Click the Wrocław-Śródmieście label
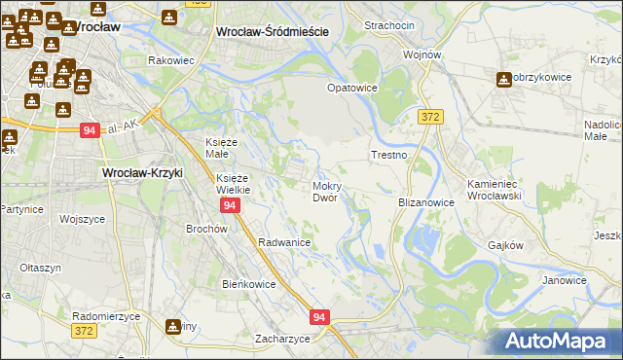tap(271, 32)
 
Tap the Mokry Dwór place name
tap(324, 191)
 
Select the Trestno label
tap(388, 156)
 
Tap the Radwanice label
tap(284, 242)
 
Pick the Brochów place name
tap(206, 229)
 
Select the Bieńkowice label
tap(250, 284)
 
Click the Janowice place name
tap(565, 280)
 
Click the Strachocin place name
tap(389, 25)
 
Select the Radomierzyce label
tap(107, 317)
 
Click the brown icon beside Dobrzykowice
tap(503, 79)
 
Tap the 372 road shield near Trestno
tap(432, 117)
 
